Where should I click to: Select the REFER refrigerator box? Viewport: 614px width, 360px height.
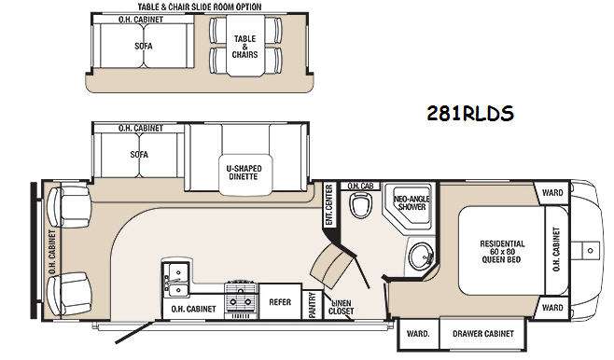tap(279, 301)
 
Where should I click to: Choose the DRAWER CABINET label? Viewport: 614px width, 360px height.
tap(484, 333)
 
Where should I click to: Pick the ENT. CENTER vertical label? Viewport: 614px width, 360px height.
tap(328, 205)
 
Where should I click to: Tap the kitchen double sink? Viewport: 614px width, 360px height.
tap(174, 273)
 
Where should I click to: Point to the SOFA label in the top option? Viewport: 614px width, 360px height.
tap(144, 44)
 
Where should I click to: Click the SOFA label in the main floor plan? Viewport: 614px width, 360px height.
tap(139, 155)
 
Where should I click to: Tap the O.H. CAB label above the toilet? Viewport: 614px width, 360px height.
tap(357, 186)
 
